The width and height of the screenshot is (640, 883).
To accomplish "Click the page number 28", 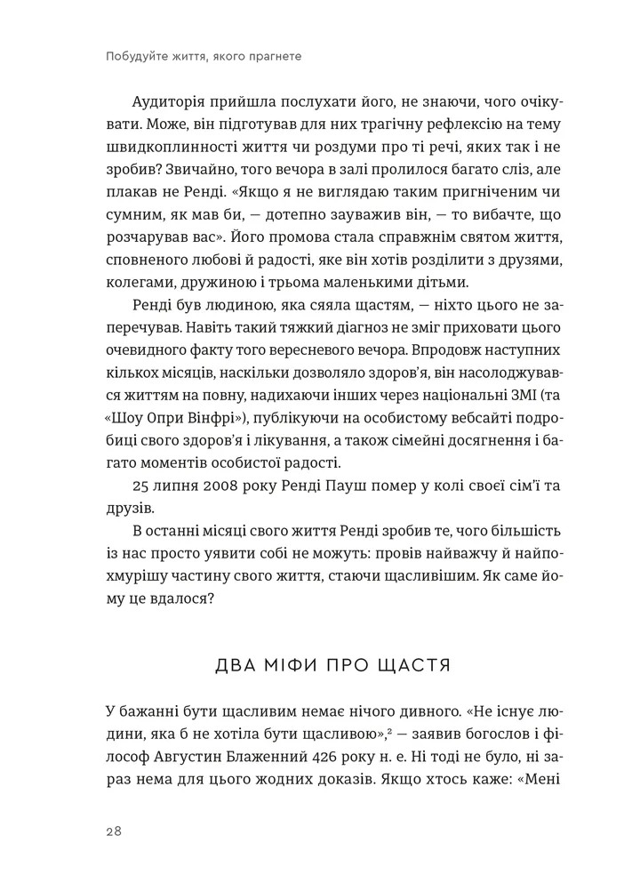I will click(x=113, y=831).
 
